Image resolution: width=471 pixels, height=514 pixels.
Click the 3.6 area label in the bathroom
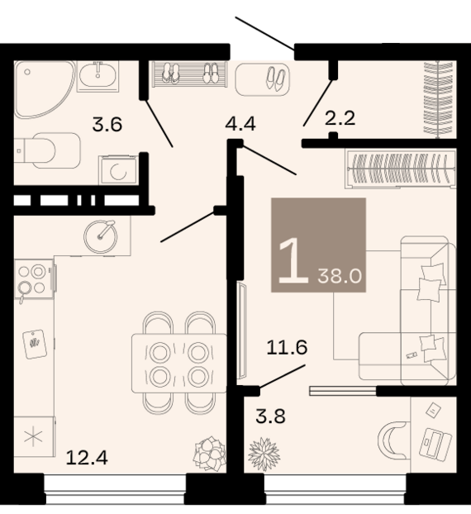[x=107, y=125]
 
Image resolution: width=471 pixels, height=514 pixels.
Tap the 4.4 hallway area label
[x=240, y=124]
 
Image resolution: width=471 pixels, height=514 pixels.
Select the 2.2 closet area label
[x=340, y=118]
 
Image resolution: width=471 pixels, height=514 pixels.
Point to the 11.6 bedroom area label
[x=287, y=347]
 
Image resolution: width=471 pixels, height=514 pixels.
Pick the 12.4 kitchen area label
[x=87, y=458]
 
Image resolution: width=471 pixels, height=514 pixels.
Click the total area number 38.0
[x=340, y=277]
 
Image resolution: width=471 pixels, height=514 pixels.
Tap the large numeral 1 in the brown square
[x=293, y=260]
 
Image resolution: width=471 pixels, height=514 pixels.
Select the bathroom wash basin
[x=98, y=76]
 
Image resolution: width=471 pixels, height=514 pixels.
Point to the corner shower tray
[x=45, y=89]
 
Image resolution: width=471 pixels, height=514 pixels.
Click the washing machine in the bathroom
[x=118, y=170]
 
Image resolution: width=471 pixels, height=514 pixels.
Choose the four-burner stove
[x=34, y=279]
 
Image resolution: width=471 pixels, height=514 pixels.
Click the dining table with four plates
[x=179, y=363]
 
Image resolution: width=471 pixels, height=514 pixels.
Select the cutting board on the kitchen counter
[x=35, y=345]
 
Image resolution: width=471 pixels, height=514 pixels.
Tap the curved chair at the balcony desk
[x=392, y=440]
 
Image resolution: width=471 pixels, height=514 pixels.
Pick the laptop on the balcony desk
[x=435, y=443]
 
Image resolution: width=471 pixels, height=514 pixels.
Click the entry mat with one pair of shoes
[x=262, y=79]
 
